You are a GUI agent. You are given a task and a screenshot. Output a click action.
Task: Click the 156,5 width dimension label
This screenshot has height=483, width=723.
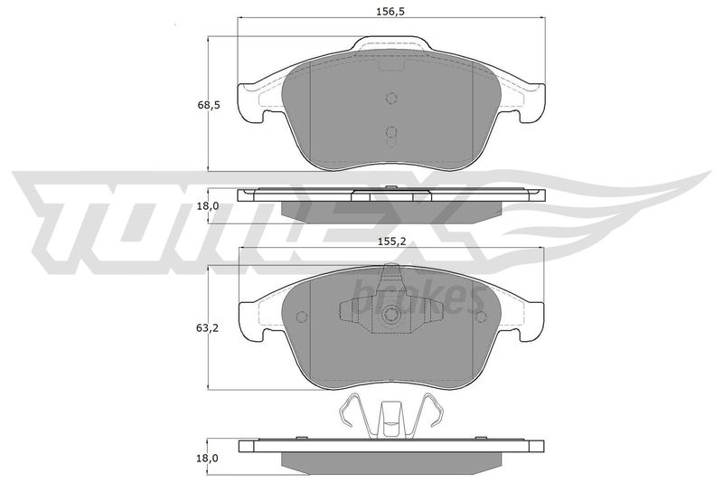coord(390,12)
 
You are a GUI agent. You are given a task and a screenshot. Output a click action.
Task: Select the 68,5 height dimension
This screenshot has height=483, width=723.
coord(209,105)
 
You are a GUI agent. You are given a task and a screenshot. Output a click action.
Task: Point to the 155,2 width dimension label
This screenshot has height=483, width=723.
coord(391,241)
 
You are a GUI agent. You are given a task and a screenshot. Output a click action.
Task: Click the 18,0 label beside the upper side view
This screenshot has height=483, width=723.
coord(208,205)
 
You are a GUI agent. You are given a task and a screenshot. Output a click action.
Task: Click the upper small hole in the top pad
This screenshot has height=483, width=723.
coord(391,99)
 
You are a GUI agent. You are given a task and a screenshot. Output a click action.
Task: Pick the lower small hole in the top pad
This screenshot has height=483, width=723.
coord(391,132)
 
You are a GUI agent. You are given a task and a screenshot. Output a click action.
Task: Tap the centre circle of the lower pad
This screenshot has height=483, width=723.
coord(391,316)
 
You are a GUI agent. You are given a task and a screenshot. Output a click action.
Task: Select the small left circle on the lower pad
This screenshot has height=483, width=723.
coord(302,317)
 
